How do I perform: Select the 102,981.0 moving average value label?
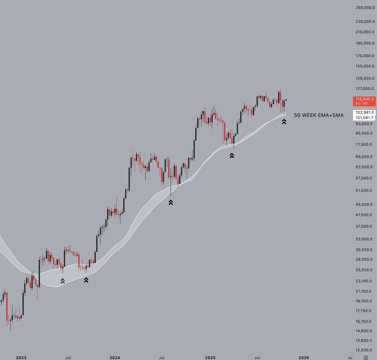[x=364, y=112]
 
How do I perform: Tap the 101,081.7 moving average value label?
[x=364, y=118]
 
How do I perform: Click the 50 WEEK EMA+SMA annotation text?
[x=319, y=115]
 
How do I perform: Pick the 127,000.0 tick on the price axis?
[x=364, y=89]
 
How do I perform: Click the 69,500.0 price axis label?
[x=364, y=157]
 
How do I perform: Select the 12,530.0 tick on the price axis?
[x=364, y=350]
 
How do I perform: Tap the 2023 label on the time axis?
[x=21, y=357]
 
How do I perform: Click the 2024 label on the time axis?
[x=115, y=357]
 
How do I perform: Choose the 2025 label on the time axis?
[x=210, y=357]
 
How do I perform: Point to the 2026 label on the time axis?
[x=303, y=357]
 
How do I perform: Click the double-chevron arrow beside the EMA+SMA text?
[x=284, y=121]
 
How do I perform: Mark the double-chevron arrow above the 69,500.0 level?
[x=232, y=155]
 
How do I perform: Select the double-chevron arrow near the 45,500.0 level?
[x=171, y=202]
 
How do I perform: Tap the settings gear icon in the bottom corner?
[x=365, y=357]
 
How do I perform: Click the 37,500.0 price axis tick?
[x=364, y=226]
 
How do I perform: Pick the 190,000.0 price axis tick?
[x=364, y=43]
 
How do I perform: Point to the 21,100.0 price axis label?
[x=364, y=291]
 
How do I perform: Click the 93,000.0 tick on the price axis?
[x=364, y=124]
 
